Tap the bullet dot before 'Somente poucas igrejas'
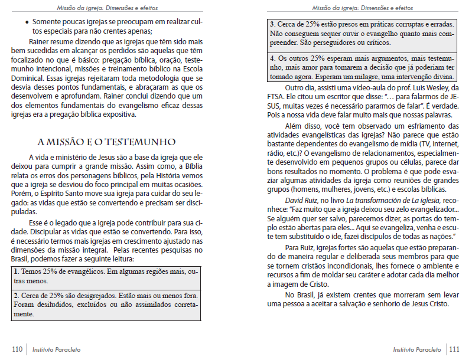click(28, 22)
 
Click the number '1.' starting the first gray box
click(15, 271)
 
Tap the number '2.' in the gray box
click(16, 295)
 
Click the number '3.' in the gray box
click(272, 25)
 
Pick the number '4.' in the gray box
click(272, 59)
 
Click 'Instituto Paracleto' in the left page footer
click(56, 349)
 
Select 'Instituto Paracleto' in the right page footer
click(416, 349)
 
